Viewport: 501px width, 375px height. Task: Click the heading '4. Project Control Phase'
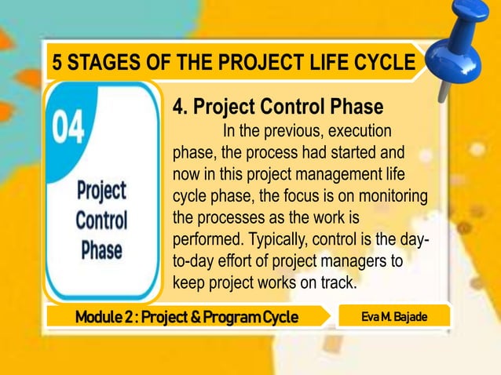(x=277, y=106)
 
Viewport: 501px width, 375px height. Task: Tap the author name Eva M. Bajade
(x=394, y=316)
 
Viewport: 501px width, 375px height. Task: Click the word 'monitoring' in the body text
(x=395, y=195)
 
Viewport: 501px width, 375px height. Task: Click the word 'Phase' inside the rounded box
(x=101, y=250)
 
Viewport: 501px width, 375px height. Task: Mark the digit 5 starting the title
(x=56, y=63)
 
